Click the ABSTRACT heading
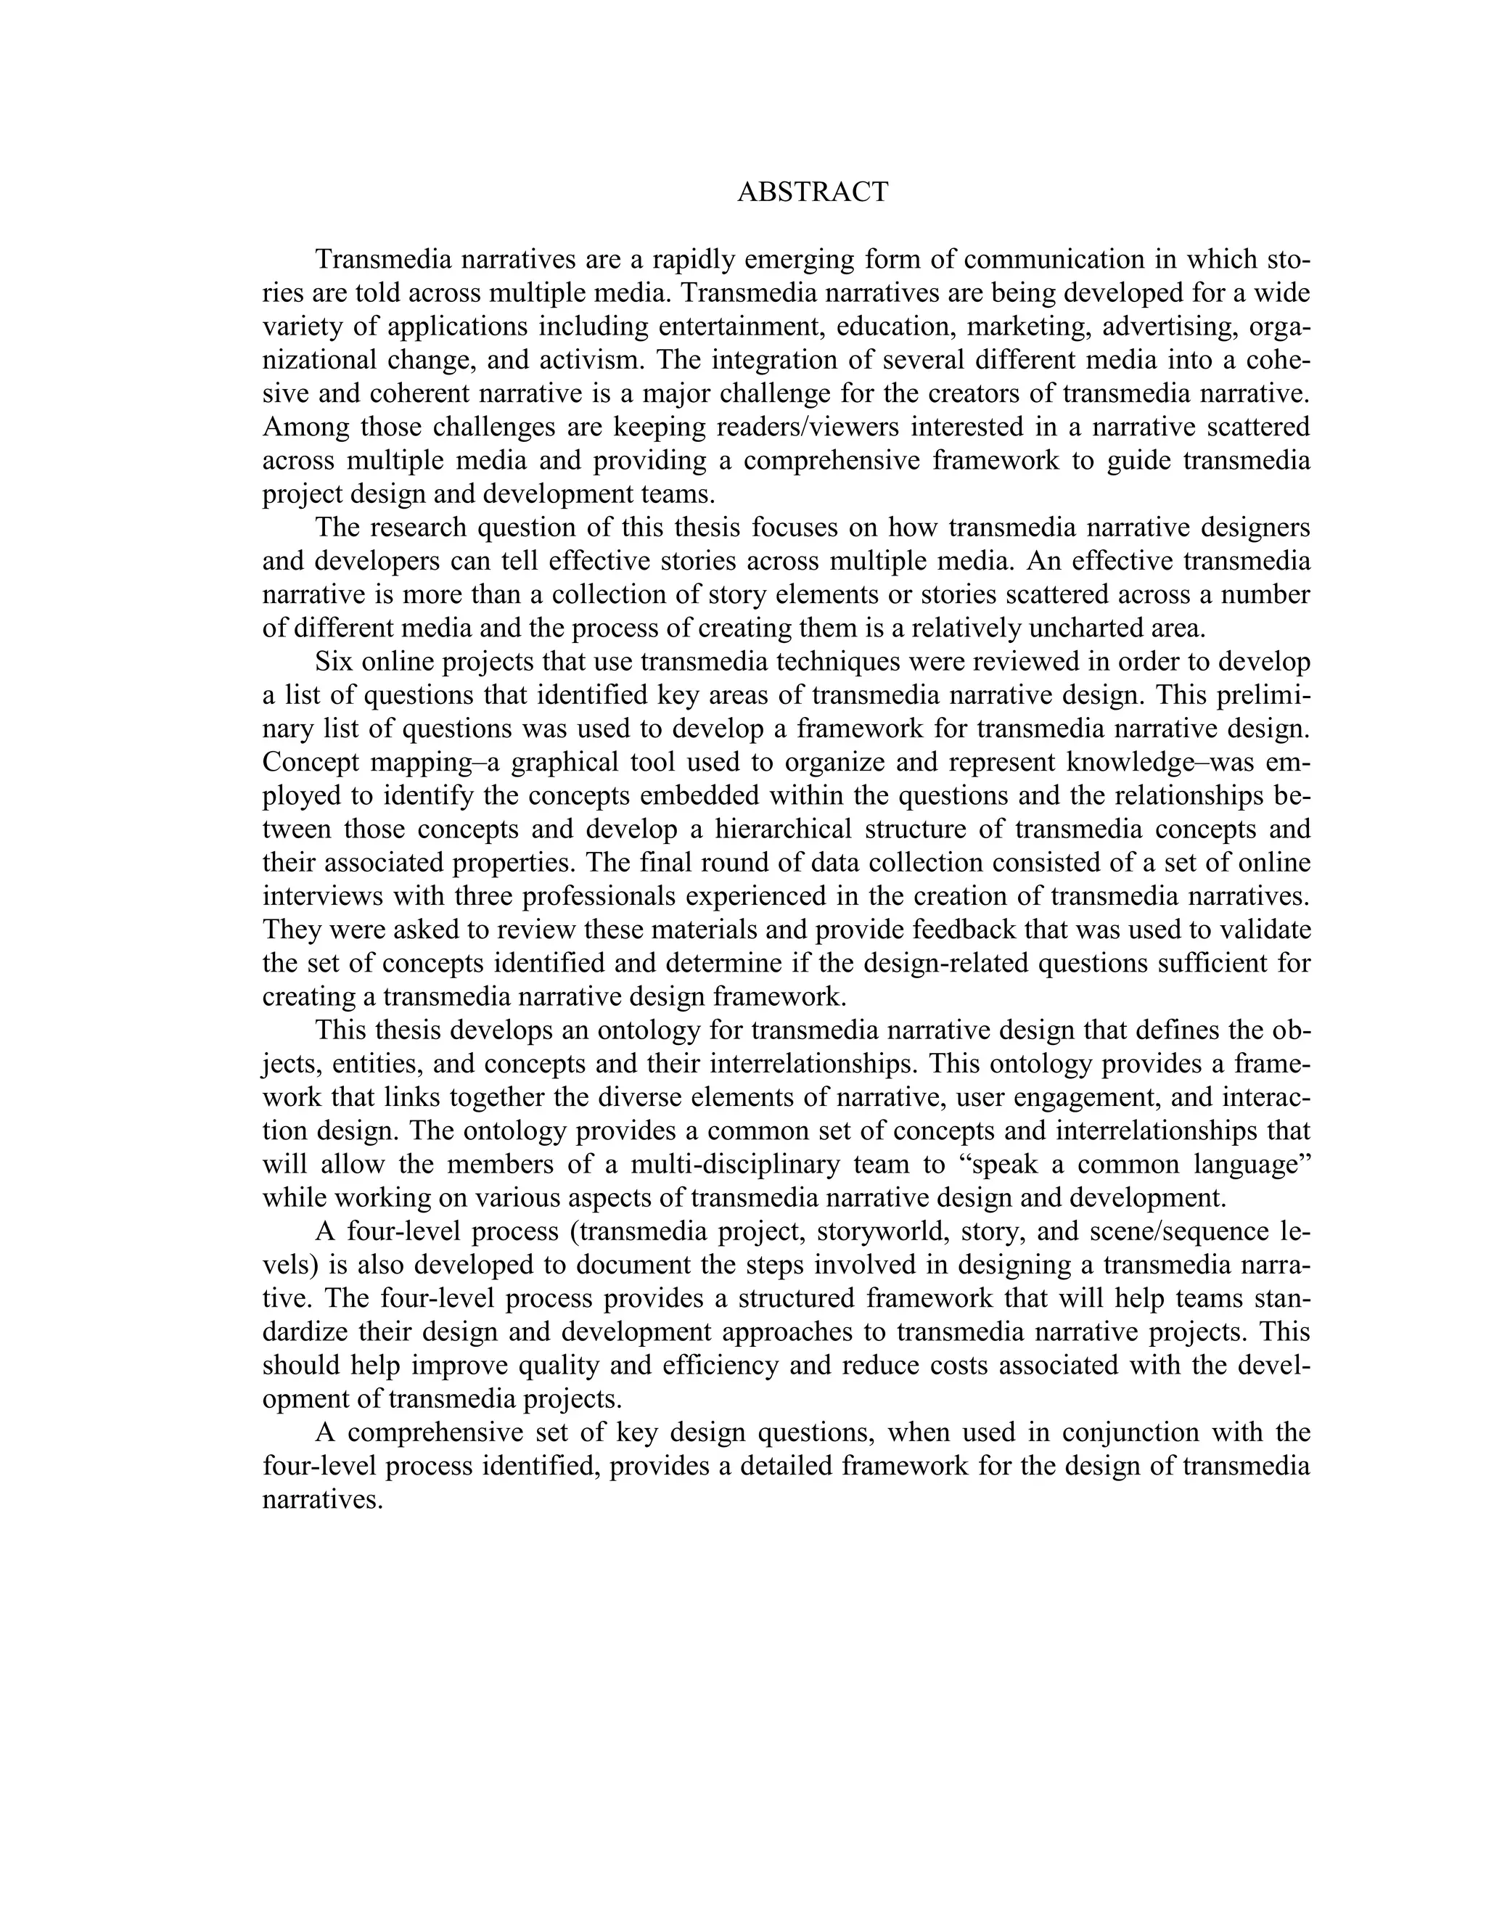pyautogui.click(x=813, y=192)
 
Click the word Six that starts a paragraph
pyautogui.click(x=334, y=661)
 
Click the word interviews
pyautogui.click(x=321, y=895)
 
